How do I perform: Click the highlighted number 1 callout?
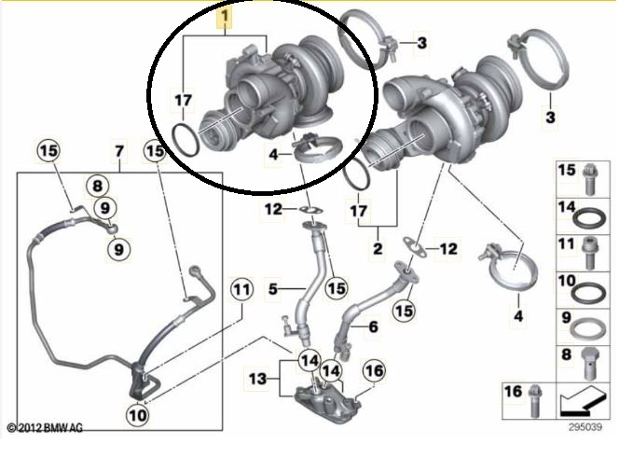click(225, 17)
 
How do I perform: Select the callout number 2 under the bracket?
click(378, 248)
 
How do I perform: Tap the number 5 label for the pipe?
click(273, 289)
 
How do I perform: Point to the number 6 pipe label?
click(373, 326)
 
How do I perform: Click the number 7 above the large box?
click(119, 151)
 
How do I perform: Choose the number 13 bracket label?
click(258, 379)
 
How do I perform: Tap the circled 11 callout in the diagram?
click(241, 289)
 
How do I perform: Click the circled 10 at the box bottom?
click(137, 414)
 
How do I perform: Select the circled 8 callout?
click(98, 186)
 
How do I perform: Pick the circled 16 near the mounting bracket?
click(374, 370)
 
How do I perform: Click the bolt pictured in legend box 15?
click(590, 179)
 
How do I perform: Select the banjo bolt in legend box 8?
click(590, 364)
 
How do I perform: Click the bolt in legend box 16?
click(534, 401)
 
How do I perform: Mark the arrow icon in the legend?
click(582, 403)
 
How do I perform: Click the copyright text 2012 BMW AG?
click(46, 428)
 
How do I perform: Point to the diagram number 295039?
click(585, 427)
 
